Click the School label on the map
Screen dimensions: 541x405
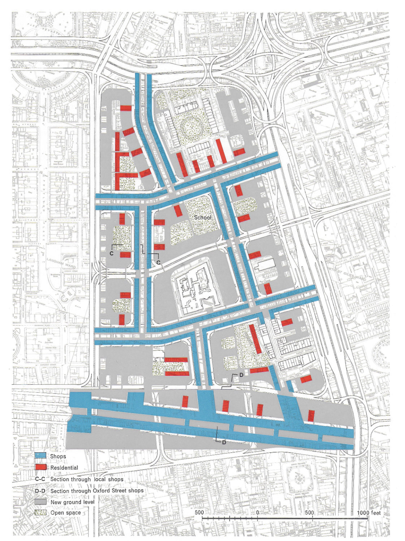(203, 217)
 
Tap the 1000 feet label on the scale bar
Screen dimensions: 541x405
(369, 512)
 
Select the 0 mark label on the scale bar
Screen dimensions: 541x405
(257, 512)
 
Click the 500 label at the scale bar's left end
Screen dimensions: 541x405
(199, 512)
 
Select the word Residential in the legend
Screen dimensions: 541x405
(64, 468)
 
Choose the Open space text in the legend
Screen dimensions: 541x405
(65, 513)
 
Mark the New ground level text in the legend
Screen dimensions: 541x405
(72, 502)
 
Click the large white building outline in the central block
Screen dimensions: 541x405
(196, 289)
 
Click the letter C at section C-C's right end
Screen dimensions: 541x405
(158, 262)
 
